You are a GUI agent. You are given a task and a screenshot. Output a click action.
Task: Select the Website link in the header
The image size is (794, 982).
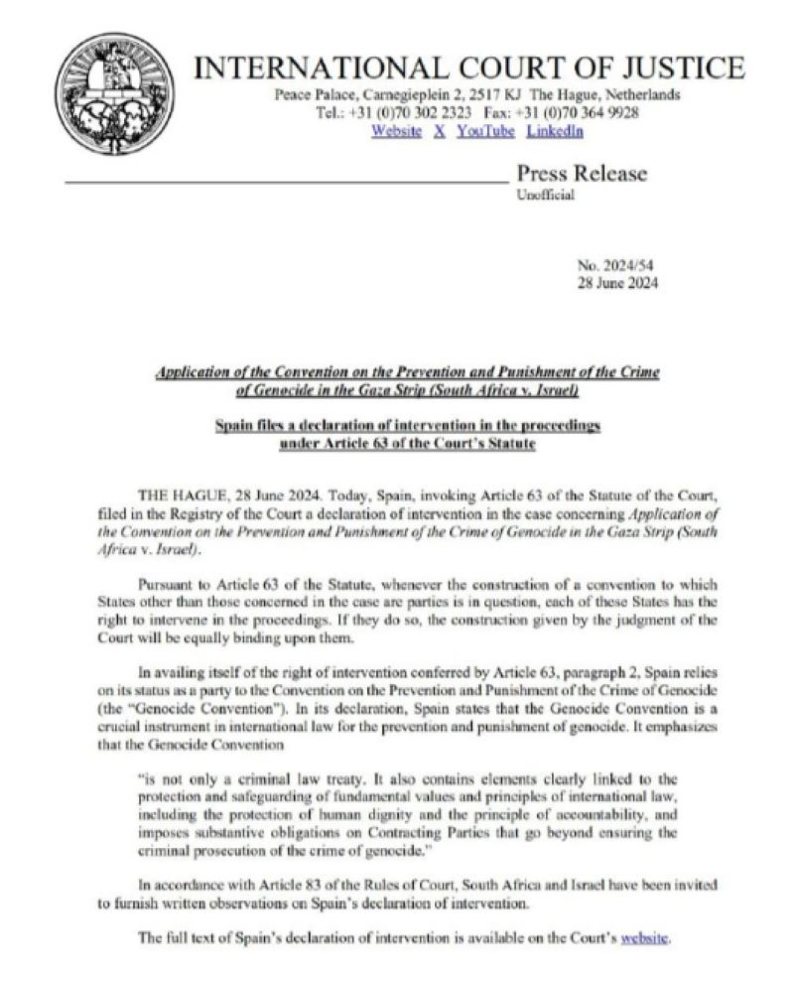coord(396,131)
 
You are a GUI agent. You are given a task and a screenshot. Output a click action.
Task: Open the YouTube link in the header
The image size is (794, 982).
coord(485,131)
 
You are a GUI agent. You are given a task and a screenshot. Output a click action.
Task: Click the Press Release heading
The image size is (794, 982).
coord(581,174)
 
